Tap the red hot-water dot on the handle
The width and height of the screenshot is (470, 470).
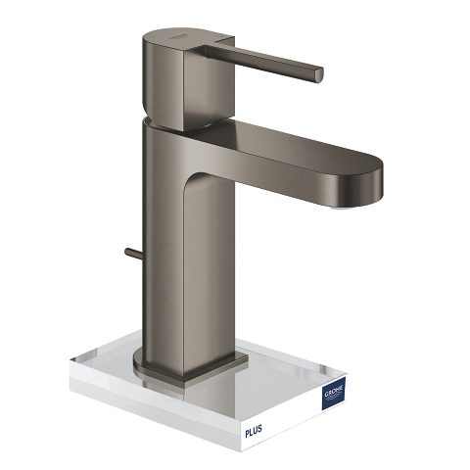pyautogui.click(x=184, y=48)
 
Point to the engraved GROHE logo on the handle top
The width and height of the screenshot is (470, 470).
pyautogui.click(x=178, y=36)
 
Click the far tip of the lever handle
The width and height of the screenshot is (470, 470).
pyautogui.click(x=319, y=75)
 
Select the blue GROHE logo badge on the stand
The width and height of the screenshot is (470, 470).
pyautogui.click(x=333, y=393)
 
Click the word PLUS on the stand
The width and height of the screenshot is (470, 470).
pyautogui.click(x=254, y=430)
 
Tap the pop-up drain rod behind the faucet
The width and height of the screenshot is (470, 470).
pyautogui.click(x=133, y=253)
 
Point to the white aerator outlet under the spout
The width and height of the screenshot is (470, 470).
pyautogui.click(x=342, y=207)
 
